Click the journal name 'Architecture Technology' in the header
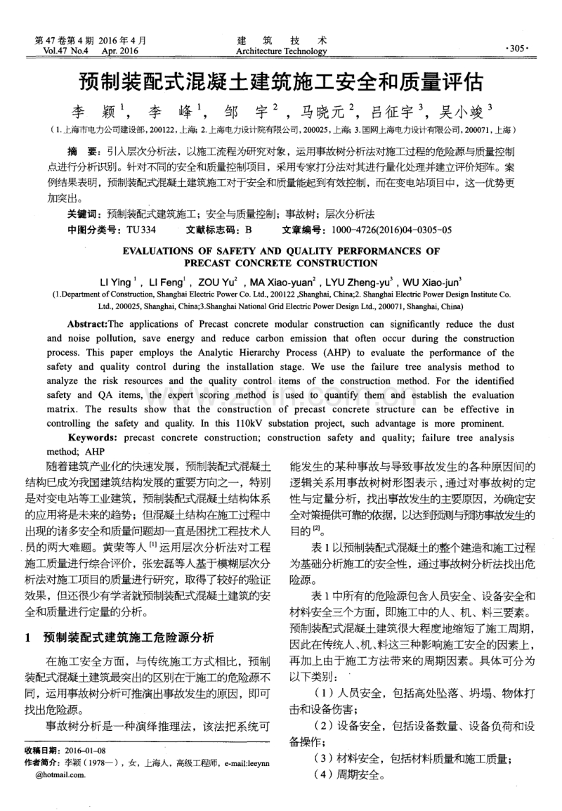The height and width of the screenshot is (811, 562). pyautogui.click(x=281, y=51)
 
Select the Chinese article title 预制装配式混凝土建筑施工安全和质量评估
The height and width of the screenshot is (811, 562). pyautogui.click(x=281, y=83)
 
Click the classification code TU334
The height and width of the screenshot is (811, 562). pyautogui.click(x=141, y=230)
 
